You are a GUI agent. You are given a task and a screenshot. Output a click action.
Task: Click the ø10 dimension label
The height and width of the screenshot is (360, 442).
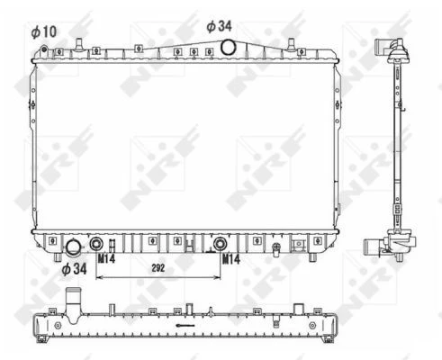pos(44,31)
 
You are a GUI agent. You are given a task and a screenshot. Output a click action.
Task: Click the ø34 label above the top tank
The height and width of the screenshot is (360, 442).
pos(219,26)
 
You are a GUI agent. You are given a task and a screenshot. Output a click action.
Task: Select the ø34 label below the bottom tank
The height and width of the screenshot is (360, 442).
pos(74,269)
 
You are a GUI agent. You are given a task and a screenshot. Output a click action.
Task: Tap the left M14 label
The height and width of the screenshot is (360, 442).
pos(106,258)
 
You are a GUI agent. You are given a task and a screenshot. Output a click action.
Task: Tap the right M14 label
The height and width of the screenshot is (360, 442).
pos(231,259)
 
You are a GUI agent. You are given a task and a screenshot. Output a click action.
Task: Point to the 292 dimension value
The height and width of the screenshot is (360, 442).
pos(158,268)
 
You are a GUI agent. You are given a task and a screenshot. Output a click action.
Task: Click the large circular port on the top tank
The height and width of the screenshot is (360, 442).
pos(228,48)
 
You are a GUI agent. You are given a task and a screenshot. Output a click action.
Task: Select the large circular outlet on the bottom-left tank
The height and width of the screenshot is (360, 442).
pos(74,247)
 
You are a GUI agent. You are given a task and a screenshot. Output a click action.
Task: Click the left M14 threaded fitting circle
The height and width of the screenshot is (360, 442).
pos(96,244)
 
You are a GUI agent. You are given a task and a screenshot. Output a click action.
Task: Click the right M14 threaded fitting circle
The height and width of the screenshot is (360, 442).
pos(220,244)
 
